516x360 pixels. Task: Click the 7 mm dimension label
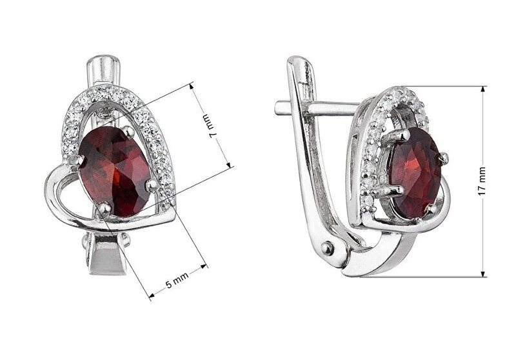(209, 126)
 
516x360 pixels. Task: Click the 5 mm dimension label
(177, 280)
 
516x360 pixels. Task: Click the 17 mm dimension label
(482, 181)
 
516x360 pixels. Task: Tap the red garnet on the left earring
(115, 171)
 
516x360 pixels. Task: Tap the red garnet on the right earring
(415, 172)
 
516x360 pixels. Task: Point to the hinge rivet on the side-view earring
(328, 248)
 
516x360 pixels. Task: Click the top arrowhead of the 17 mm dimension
(482, 90)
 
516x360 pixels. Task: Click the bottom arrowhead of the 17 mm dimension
(482, 273)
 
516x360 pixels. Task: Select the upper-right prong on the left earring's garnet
(128, 132)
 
